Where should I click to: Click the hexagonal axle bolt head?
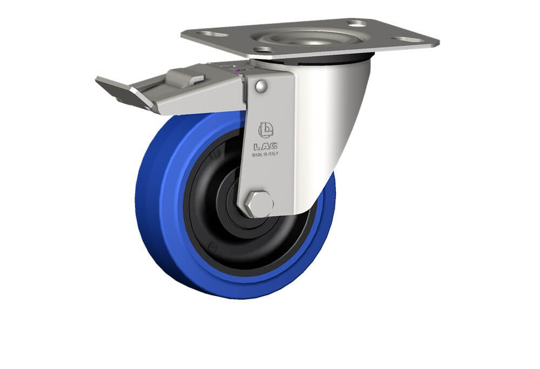click(x=260, y=203)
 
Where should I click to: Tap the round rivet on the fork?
click(x=261, y=87)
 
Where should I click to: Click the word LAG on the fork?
click(x=266, y=147)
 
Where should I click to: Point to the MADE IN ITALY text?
click(x=265, y=154)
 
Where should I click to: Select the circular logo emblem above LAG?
click(x=266, y=130)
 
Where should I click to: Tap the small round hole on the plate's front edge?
click(x=265, y=50)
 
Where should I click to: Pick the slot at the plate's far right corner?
click(x=409, y=39)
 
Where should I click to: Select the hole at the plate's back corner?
click(x=357, y=23)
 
